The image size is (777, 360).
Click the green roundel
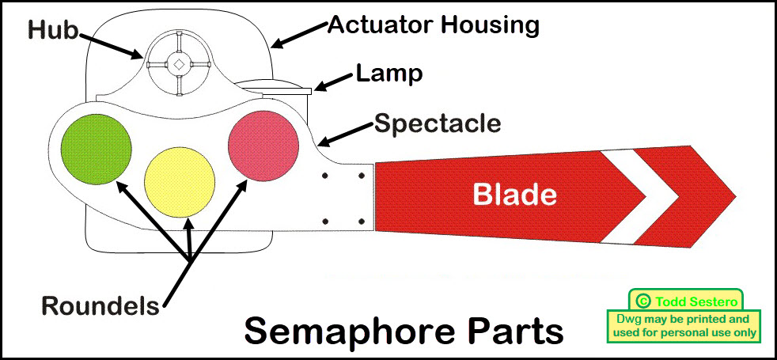coord(96,149)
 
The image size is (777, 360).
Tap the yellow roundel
coord(179,182)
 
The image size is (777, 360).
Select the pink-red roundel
coord(263,146)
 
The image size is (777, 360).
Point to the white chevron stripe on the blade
coord(639,196)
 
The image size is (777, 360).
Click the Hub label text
coord(53,31)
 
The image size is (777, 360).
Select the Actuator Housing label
coord(433,25)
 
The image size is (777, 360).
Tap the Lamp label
coord(389,74)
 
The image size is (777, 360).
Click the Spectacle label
coord(438,123)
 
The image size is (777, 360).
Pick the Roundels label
coord(100,305)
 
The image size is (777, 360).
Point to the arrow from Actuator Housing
coord(300,35)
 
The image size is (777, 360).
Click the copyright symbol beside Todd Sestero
coord(642,301)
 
